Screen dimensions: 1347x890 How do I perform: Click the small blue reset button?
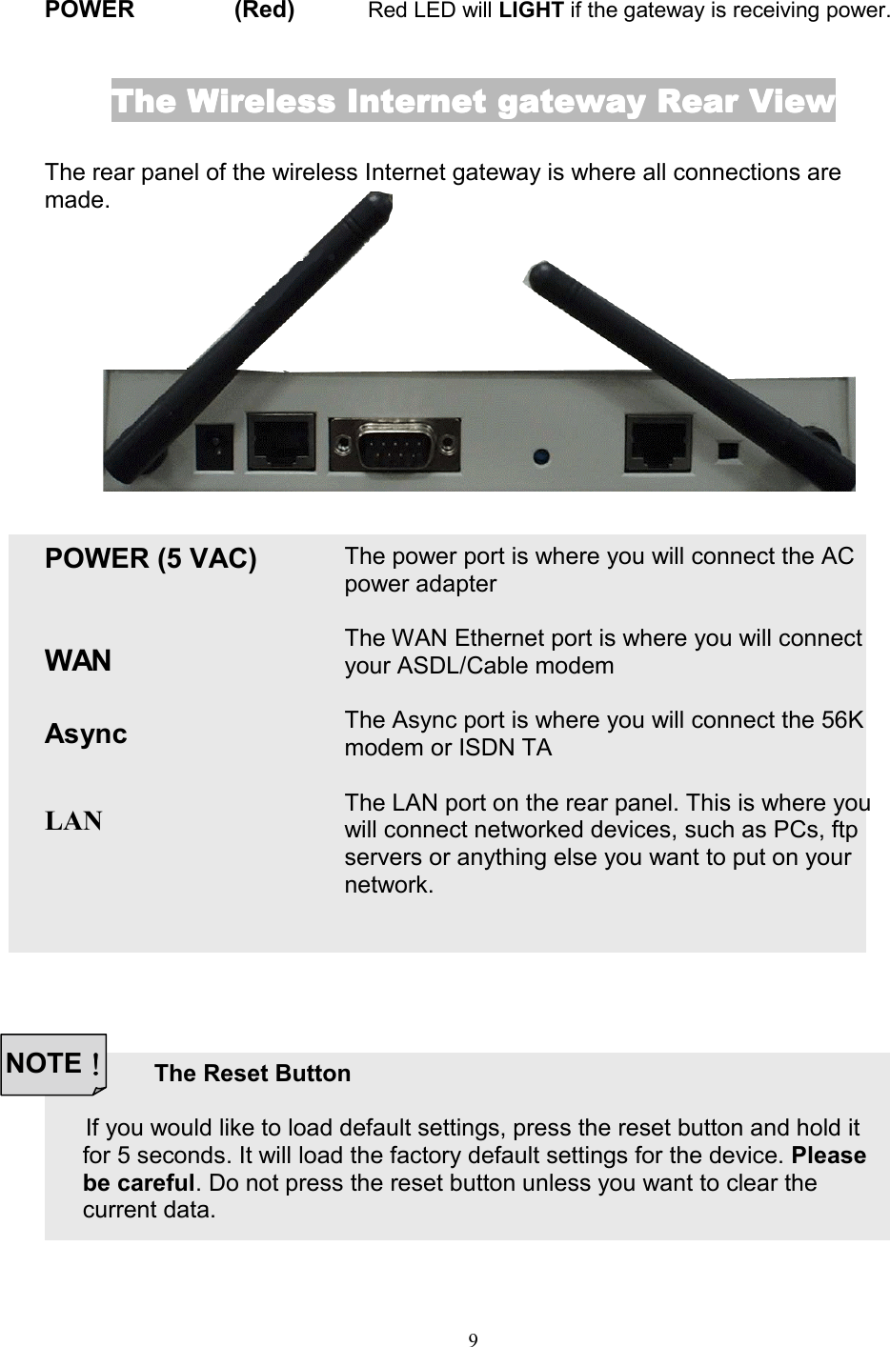coord(540,456)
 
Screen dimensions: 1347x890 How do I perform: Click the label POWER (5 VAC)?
coord(151,558)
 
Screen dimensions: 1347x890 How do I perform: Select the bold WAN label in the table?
coord(78,660)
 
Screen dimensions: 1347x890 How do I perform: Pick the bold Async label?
coord(86,734)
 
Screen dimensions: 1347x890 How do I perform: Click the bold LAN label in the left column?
coord(74,820)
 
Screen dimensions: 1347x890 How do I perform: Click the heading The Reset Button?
coord(253,1074)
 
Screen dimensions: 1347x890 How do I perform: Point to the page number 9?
coord(474,1339)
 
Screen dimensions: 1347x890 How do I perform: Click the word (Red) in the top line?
coord(264,11)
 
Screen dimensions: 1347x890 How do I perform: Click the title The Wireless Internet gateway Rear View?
coord(473,101)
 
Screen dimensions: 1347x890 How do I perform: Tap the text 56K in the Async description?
coord(841,720)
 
